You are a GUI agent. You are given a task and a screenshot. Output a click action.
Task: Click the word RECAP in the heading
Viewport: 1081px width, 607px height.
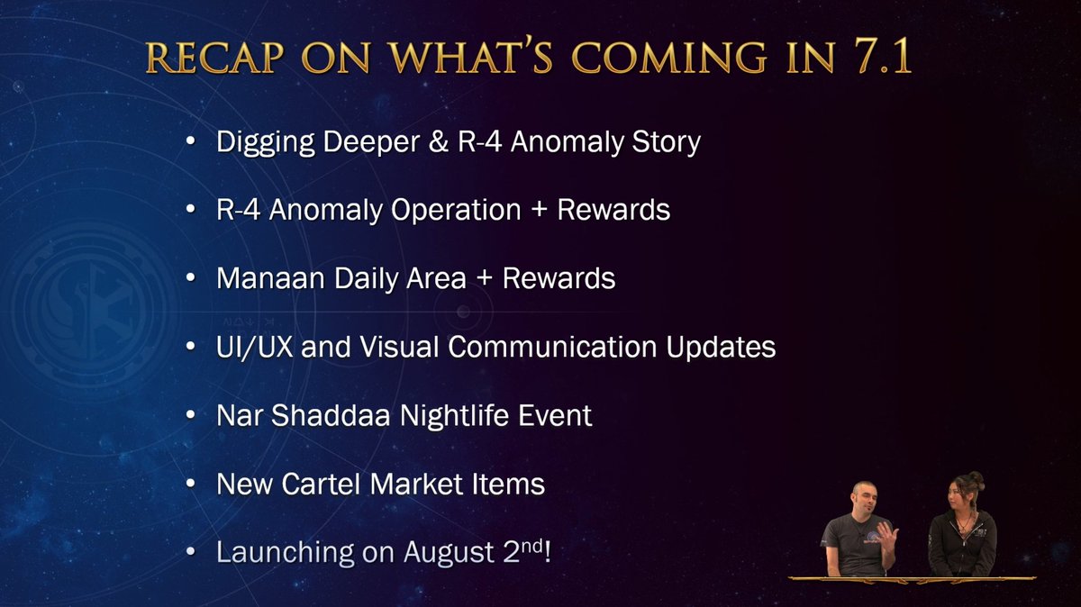pyautogui.click(x=214, y=57)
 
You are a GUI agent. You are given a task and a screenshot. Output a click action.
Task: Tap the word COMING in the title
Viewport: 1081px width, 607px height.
pyautogui.click(x=668, y=57)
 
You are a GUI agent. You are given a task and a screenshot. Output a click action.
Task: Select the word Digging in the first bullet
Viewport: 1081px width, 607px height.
pyautogui.click(x=266, y=142)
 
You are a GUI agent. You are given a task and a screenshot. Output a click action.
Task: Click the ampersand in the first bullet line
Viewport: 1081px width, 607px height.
pyautogui.click(x=438, y=141)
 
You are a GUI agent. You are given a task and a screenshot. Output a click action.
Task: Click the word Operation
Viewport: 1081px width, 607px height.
pyautogui.click(x=456, y=211)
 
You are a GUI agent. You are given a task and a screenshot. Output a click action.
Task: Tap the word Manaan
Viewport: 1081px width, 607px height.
pyautogui.click(x=270, y=278)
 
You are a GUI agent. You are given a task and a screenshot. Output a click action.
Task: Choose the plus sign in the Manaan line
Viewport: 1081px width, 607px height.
pyautogui.click(x=485, y=280)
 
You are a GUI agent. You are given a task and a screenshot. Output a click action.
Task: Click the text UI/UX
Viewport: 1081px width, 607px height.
pyautogui.click(x=254, y=347)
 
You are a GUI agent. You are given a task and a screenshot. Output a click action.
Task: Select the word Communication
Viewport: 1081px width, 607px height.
pyautogui.click(x=552, y=347)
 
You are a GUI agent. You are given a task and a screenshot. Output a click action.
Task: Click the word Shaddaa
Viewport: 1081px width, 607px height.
pyautogui.click(x=330, y=415)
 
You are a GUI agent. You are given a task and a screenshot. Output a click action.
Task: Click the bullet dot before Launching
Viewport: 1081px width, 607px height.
pyautogui.click(x=191, y=551)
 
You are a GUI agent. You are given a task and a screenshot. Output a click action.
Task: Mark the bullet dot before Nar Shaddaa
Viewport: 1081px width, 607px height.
pyautogui.click(x=191, y=414)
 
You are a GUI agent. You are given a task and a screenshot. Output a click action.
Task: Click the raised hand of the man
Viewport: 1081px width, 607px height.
pyautogui.click(x=888, y=536)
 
